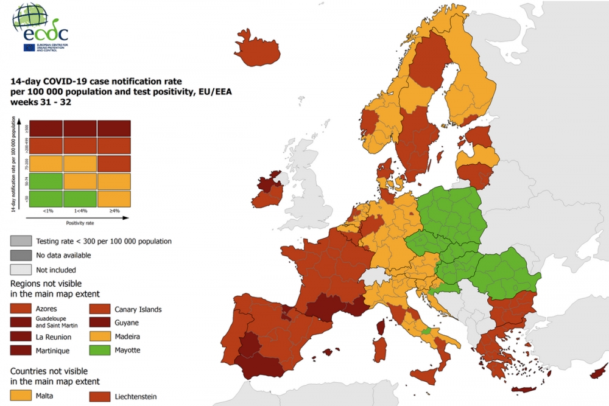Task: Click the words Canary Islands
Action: (138, 309)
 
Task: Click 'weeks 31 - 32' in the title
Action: (41, 102)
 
